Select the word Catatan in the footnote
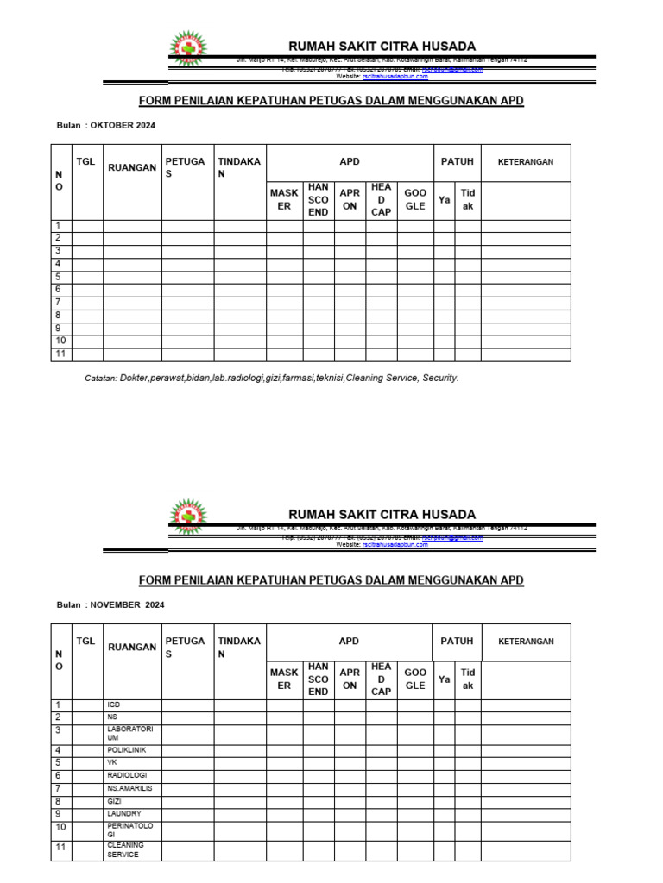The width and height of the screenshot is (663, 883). pyautogui.click(x=100, y=378)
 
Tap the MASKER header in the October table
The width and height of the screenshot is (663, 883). pyautogui.click(x=283, y=200)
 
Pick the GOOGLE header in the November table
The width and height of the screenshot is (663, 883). pyautogui.click(x=415, y=679)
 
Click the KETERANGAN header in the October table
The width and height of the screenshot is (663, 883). pyautogui.click(x=525, y=161)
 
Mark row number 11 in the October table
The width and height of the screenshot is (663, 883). pyautogui.click(x=60, y=354)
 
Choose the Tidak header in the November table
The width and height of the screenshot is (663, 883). pyautogui.click(x=468, y=679)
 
